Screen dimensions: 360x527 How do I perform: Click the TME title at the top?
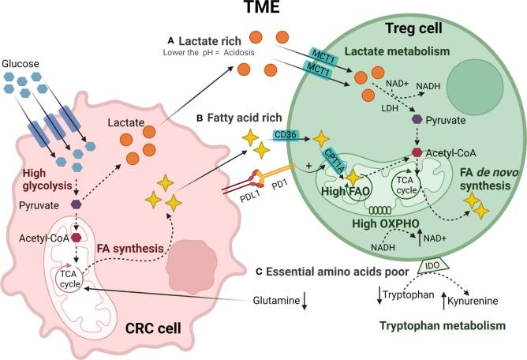263,11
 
